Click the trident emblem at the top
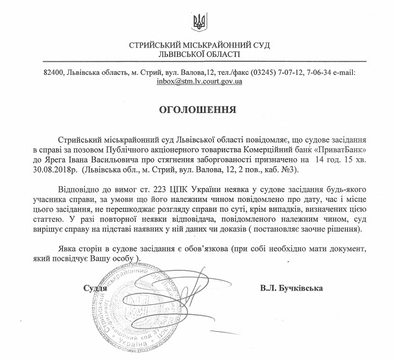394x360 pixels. [197, 22]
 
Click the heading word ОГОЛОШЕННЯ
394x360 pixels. [197, 110]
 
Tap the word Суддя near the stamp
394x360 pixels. [94, 288]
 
